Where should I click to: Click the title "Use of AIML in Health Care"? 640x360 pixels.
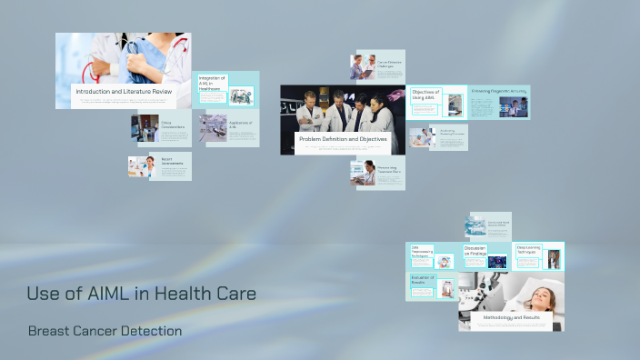pos(141,294)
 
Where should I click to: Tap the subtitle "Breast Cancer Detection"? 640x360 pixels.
pos(105,331)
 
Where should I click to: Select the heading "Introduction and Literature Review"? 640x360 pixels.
pos(123,92)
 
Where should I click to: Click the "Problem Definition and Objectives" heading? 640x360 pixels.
pos(344,139)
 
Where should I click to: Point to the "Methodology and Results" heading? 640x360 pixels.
pos(505,317)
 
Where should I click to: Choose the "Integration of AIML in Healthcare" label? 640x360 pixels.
pos(212,83)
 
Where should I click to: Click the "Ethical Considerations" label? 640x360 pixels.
pos(173,125)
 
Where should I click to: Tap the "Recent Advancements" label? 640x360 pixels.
pos(173,161)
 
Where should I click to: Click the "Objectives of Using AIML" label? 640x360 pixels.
pos(425,95)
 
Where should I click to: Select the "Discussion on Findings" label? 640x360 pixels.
pos(475,250)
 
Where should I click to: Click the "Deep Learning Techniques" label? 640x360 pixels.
pos(529,249)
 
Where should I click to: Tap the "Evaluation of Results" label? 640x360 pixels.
pos(424,280)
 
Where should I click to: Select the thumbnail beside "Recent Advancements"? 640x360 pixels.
pos(140,165)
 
